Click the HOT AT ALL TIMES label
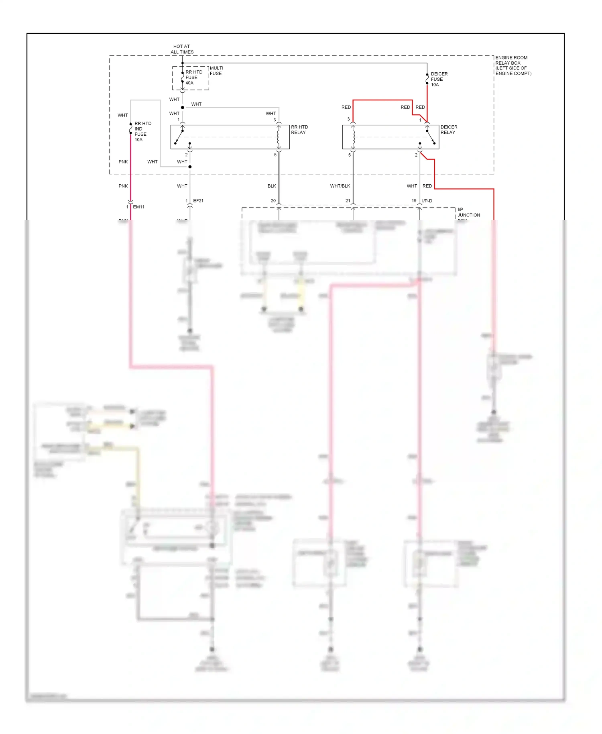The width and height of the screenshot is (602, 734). [182, 49]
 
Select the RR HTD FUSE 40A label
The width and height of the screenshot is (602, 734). [193, 77]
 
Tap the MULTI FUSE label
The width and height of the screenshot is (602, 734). [216, 71]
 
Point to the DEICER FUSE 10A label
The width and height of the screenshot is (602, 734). [439, 79]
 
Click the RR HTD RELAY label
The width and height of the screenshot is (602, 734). [299, 130]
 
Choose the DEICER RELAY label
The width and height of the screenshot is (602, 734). [449, 130]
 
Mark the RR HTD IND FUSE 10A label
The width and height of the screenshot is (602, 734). [142, 131]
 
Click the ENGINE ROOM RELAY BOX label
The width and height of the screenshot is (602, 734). [513, 65]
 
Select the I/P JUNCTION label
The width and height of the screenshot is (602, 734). [468, 213]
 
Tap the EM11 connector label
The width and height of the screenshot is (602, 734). [138, 207]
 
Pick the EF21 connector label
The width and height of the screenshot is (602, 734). [198, 200]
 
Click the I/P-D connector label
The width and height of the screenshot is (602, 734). [427, 201]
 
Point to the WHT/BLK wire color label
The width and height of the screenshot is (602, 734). [340, 186]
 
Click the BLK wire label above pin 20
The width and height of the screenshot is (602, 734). [272, 186]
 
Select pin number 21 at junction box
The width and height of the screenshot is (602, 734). [348, 200]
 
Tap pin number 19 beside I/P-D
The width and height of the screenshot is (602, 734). [414, 200]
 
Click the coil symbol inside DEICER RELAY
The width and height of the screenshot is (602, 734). [353, 137]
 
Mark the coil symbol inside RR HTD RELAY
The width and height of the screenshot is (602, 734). [279, 137]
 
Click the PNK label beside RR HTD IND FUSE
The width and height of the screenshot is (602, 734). [123, 162]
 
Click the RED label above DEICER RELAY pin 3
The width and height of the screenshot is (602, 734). [346, 107]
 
